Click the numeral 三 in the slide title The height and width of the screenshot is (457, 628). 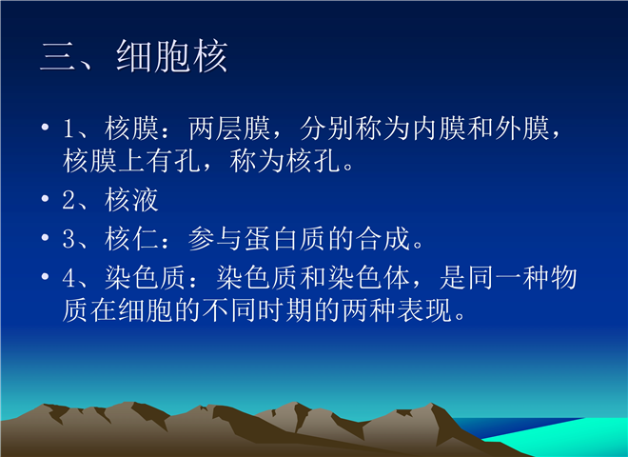pos(58,57)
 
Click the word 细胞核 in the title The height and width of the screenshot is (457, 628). pos(172,56)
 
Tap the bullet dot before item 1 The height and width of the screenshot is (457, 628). pos(45,128)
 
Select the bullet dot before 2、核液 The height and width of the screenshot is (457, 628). pos(45,198)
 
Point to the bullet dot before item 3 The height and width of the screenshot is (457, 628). pos(45,237)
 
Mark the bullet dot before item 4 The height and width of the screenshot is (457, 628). pos(45,276)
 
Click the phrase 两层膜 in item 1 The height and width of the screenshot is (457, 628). pos(229,129)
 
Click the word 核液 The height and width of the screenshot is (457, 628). pos(131,200)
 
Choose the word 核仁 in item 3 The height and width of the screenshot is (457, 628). pos(131,239)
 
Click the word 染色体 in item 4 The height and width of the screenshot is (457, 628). pos(369,277)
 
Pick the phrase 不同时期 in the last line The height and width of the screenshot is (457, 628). pos(258,309)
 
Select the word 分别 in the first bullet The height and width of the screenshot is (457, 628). pos(327,129)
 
